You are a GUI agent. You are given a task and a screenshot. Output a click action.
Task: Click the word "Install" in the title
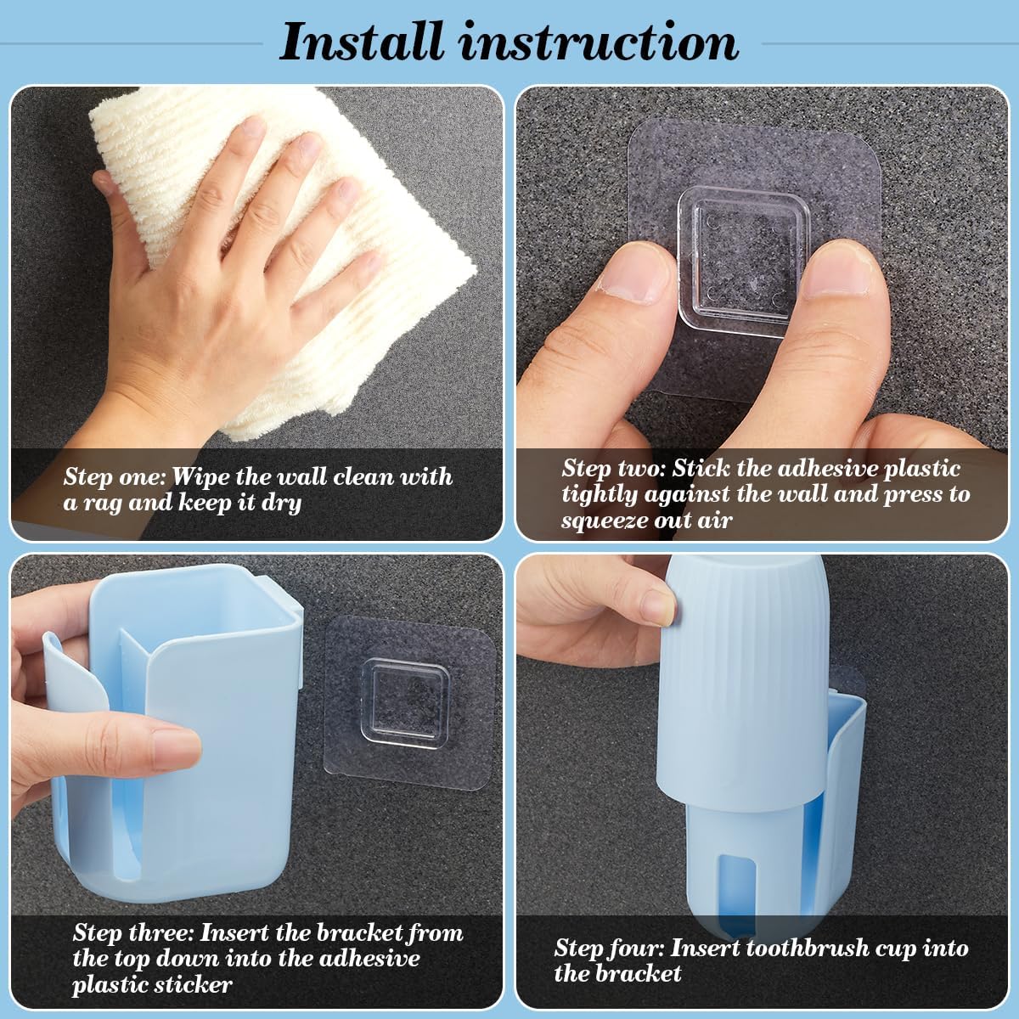click(x=362, y=42)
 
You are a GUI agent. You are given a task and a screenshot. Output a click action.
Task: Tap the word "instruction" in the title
click(x=600, y=42)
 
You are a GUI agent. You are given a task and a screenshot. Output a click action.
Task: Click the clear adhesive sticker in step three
click(x=411, y=703)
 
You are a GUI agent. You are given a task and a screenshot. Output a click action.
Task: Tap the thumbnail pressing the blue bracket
click(x=176, y=749)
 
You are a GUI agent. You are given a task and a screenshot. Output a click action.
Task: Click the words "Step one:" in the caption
click(x=115, y=476)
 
